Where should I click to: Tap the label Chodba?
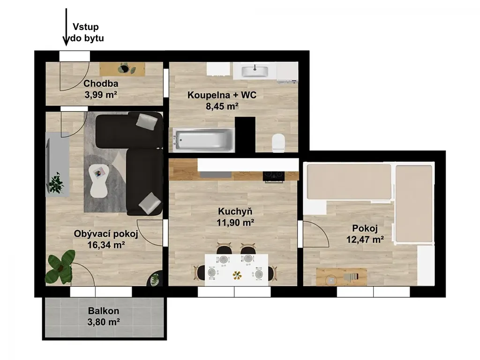[101, 83]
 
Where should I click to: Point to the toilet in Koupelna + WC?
[278, 142]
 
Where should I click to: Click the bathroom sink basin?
[255, 72]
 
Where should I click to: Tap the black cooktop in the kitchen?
[274, 176]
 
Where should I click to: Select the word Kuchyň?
[235, 211]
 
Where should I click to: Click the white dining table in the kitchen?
[236, 270]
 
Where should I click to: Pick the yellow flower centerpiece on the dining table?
[237, 275]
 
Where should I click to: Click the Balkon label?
[104, 311]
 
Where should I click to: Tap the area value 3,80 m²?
[104, 322]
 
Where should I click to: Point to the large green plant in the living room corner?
[60, 266]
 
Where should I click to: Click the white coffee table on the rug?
[98, 181]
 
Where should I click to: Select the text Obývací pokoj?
[106, 234]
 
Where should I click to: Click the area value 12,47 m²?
[365, 240]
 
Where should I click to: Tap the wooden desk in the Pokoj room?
[341, 277]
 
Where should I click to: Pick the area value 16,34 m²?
[106, 245]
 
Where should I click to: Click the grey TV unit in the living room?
[58, 165]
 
